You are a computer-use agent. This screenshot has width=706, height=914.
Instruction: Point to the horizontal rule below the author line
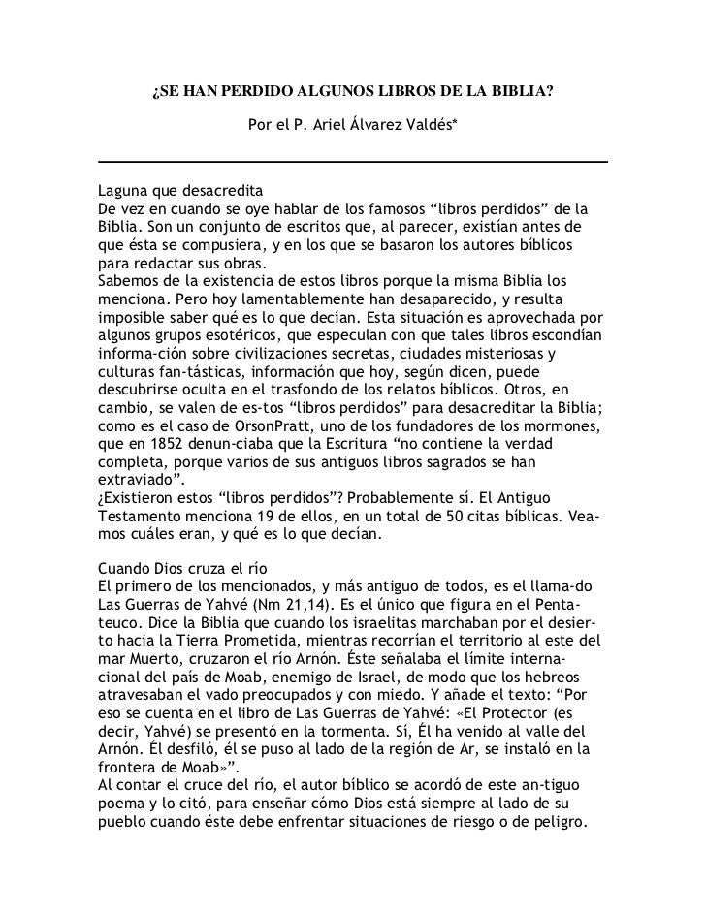tap(353, 161)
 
